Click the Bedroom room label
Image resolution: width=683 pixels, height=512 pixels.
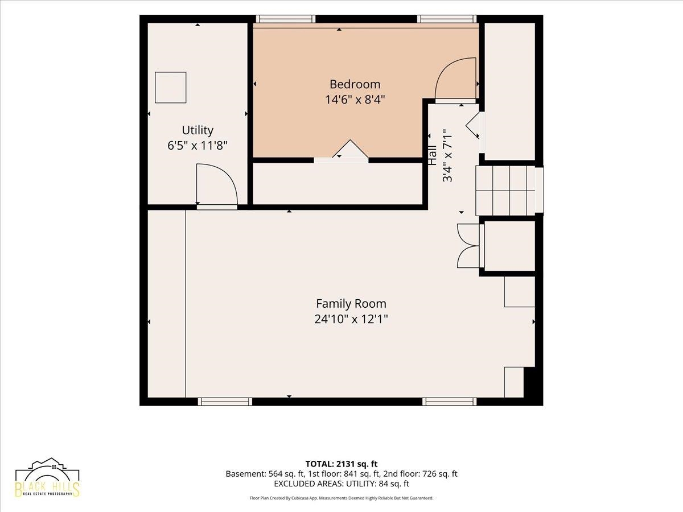tap(355, 84)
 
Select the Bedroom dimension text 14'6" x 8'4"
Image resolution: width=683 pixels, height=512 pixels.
tap(355, 100)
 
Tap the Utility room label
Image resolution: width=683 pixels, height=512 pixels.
tap(198, 130)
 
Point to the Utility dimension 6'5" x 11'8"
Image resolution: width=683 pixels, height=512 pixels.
tap(198, 146)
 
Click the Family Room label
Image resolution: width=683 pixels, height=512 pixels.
tap(351, 303)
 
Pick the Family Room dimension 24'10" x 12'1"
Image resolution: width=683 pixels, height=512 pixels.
tap(351, 319)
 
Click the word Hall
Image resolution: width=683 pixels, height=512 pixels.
tap(433, 155)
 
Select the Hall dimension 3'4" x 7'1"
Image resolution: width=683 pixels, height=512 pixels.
tap(447, 155)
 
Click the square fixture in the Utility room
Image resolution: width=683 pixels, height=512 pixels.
tap(171, 88)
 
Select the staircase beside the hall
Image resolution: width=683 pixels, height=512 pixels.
tap(509, 191)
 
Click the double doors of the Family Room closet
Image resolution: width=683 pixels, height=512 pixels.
tap(468, 246)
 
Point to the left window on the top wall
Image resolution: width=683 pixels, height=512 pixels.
tap(286, 19)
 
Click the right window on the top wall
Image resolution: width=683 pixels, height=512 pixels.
tap(447, 19)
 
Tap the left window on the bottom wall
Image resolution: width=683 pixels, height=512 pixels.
tap(225, 402)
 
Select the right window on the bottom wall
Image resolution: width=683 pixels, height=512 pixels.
tap(450, 402)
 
